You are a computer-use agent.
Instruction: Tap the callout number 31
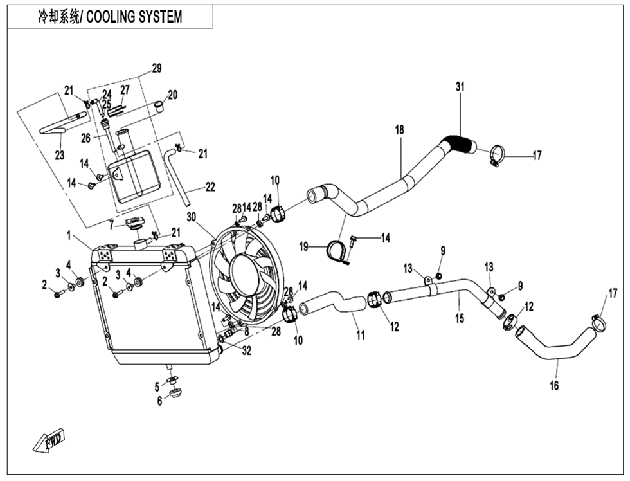[460, 86]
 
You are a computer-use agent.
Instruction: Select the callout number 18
[400, 130]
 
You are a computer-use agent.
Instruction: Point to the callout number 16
[554, 386]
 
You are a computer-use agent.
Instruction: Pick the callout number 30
[190, 215]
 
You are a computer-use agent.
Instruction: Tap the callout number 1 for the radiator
[69, 237]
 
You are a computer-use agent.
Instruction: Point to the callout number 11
[361, 335]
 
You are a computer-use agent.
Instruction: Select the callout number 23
[60, 154]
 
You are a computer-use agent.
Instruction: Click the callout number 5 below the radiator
[156, 386]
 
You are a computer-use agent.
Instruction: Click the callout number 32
[247, 350]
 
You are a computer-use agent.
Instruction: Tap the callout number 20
[172, 95]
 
